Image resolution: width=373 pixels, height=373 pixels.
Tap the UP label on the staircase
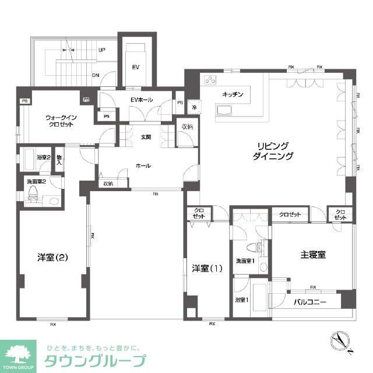click(x=101, y=50)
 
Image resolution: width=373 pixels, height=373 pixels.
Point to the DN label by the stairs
click(x=96, y=75)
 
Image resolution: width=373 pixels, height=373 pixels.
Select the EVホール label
click(x=141, y=100)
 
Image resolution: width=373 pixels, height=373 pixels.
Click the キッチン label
click(x=233, y=94)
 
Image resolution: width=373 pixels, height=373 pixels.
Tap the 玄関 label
click(x=146, y=138)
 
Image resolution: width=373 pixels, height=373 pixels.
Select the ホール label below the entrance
click(x=143, y=166)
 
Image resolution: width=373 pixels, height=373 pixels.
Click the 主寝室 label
click(x=313, y=254)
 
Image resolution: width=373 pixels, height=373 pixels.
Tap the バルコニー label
click(x=309, y=302)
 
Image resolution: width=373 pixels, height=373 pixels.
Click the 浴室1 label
click(x=241, y=300)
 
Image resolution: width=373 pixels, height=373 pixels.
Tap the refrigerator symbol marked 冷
click(x=193, y=108)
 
